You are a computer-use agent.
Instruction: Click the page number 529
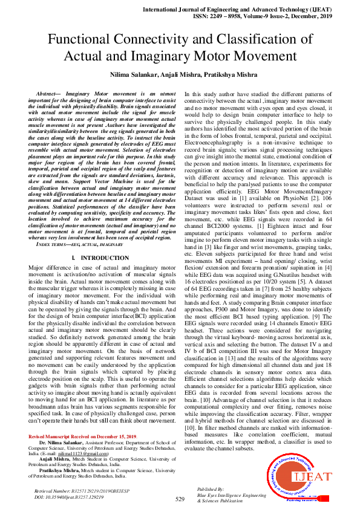coord(180,499)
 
